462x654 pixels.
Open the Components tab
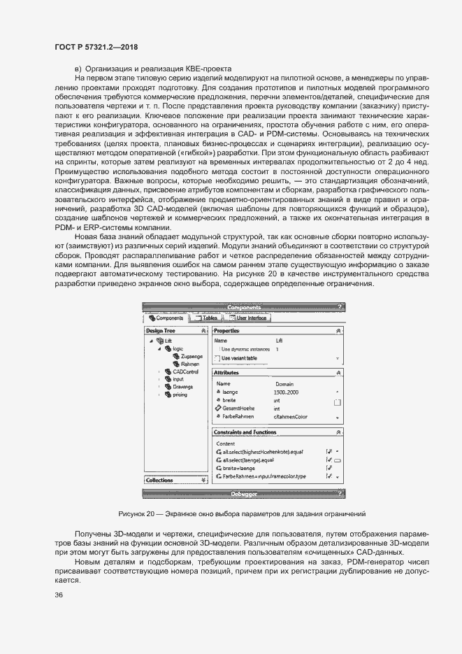click(x=166, y=318)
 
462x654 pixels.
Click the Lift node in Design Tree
click(x=168, y=341)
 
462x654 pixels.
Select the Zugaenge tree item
click(x=190, y=356)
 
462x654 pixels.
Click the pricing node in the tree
click(x=180, y=394)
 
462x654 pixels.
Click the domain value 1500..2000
click(x=287, y=392)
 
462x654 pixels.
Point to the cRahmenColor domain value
click(x=291, y=417)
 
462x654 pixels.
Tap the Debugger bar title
click(x=244, y=494)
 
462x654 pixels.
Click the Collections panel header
click(x=159, y=480)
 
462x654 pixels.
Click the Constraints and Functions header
click(x=250, y=432)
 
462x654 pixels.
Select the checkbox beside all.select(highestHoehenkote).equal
click(x=329, y=452)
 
